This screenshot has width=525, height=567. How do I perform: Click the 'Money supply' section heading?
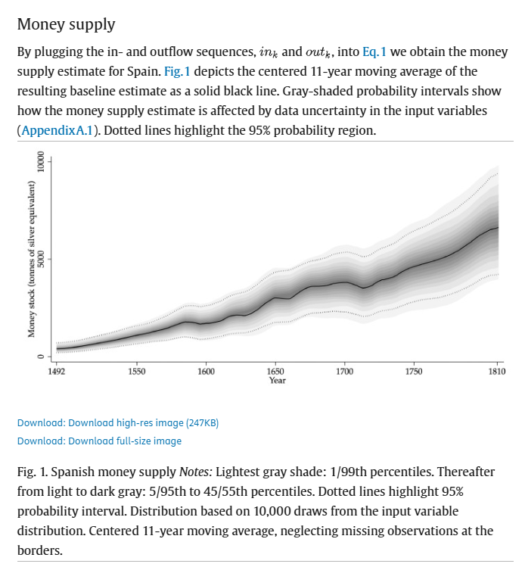[x=66, y=23]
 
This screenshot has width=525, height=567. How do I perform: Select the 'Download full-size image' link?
[x=99, y=441]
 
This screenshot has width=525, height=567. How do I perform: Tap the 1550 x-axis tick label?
[x=137, y=372]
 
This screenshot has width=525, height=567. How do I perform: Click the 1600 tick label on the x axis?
[x=206, y=372]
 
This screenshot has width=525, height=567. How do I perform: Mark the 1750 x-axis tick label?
[x=414, y=372]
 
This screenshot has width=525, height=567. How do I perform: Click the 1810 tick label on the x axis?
[x=496, y=372]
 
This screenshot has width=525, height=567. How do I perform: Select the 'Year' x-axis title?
[x=276, y=380]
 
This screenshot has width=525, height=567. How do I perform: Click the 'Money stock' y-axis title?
[x=33, y=260]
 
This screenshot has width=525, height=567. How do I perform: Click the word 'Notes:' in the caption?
[x=199, y=472]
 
